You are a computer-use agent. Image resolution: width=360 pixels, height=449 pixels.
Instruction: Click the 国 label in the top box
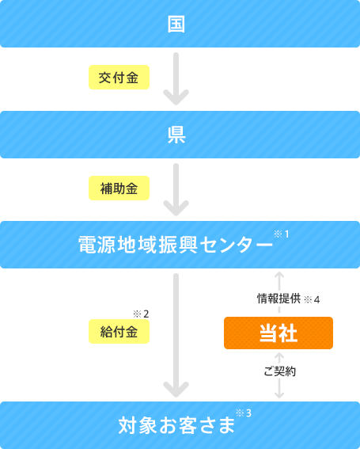[176, 24]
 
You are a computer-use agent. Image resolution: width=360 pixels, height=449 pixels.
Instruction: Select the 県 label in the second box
[176, 135]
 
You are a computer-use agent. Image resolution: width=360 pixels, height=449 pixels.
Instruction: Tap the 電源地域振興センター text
[176, 245]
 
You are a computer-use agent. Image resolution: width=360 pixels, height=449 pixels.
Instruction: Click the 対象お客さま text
[176, 425]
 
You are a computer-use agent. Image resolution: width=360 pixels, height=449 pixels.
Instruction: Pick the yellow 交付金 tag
[119, 78]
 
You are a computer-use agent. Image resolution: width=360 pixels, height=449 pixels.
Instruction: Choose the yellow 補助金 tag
[119, 188]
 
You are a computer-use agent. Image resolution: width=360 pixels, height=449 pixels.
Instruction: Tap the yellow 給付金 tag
[119, 331]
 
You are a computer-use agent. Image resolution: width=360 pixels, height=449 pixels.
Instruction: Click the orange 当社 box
[279, 333]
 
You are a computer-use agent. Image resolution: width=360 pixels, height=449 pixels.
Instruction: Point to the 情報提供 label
[279, 299]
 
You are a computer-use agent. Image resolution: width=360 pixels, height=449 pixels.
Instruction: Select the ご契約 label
[279, 371]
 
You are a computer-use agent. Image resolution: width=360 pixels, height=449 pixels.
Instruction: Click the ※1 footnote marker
[282, 234]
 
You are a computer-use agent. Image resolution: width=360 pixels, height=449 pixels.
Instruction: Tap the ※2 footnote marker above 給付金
[141, 314]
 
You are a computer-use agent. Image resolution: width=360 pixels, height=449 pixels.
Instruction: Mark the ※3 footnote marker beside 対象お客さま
[244, 413]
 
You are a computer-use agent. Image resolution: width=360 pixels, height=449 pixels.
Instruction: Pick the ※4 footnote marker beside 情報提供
[312, 299]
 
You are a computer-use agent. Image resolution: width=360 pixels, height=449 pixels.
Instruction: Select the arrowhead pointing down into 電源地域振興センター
[176, 208]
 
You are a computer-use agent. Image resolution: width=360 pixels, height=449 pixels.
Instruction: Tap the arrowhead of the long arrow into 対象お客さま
[176, 390]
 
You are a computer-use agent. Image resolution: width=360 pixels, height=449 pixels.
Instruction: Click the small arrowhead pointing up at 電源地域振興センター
[279, 274]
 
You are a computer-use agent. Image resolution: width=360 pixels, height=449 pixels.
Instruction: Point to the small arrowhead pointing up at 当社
[279, 356]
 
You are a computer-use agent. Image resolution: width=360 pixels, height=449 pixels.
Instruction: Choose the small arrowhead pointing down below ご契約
[279, 395]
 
